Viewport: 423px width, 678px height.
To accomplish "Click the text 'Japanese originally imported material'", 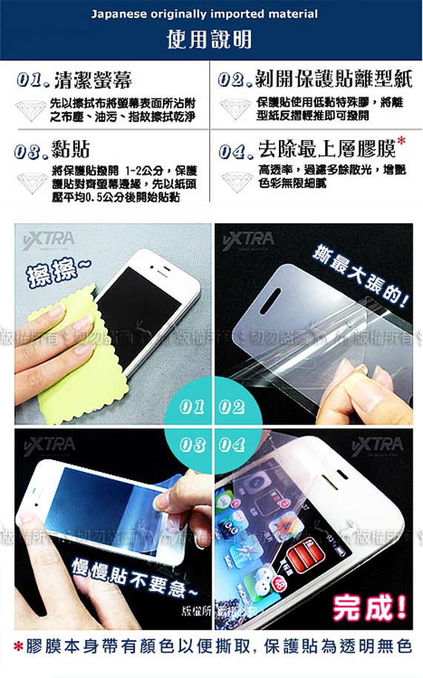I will click(x=204, y=13).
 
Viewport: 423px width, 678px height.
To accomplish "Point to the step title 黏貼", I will click(x=70, y=151).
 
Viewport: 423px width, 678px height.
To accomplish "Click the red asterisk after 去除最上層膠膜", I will click(x=401, y=141).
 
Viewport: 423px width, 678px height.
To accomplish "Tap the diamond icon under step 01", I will click(x=30, y=110).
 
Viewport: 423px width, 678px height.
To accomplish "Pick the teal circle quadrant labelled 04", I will click(x=231, y=444).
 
